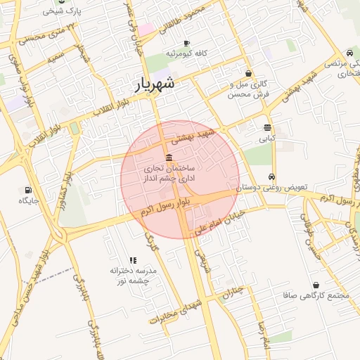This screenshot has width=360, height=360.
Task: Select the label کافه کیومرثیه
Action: pos(186,53)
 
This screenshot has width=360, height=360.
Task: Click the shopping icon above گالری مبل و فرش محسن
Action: pos(249,73)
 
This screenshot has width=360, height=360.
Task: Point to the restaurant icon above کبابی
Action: pos(268,128)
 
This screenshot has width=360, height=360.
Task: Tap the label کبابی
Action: pos(268,139)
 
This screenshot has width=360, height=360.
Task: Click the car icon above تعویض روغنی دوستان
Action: pos(272,177)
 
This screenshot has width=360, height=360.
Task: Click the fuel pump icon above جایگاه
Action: pos(28,190)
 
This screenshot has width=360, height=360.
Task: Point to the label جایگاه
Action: pos(28,201)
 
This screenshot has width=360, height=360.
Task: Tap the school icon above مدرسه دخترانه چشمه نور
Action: pos(134,261)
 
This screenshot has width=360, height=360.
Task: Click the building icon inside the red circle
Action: pos(169,157)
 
